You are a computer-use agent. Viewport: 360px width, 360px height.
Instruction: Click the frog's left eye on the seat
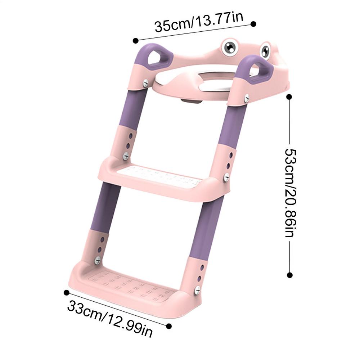(229, 48)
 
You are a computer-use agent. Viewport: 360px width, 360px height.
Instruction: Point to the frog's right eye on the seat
(265, 51)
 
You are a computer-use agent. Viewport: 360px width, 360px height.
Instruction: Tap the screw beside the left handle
(146, 83)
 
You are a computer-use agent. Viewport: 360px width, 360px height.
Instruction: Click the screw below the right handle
(247, 98)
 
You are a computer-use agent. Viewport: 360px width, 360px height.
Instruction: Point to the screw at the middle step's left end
(126, 156)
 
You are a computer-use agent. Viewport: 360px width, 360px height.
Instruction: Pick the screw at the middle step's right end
(226, 177)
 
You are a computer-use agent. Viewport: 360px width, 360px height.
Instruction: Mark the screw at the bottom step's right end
(197, 290)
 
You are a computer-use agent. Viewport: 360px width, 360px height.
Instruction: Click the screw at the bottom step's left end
(97, 260)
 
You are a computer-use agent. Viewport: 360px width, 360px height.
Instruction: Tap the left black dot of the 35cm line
(136, 40)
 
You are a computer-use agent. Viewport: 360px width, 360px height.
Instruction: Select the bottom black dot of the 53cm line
(290, 275)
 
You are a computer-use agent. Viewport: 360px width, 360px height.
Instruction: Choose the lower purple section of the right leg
(203, 230)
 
